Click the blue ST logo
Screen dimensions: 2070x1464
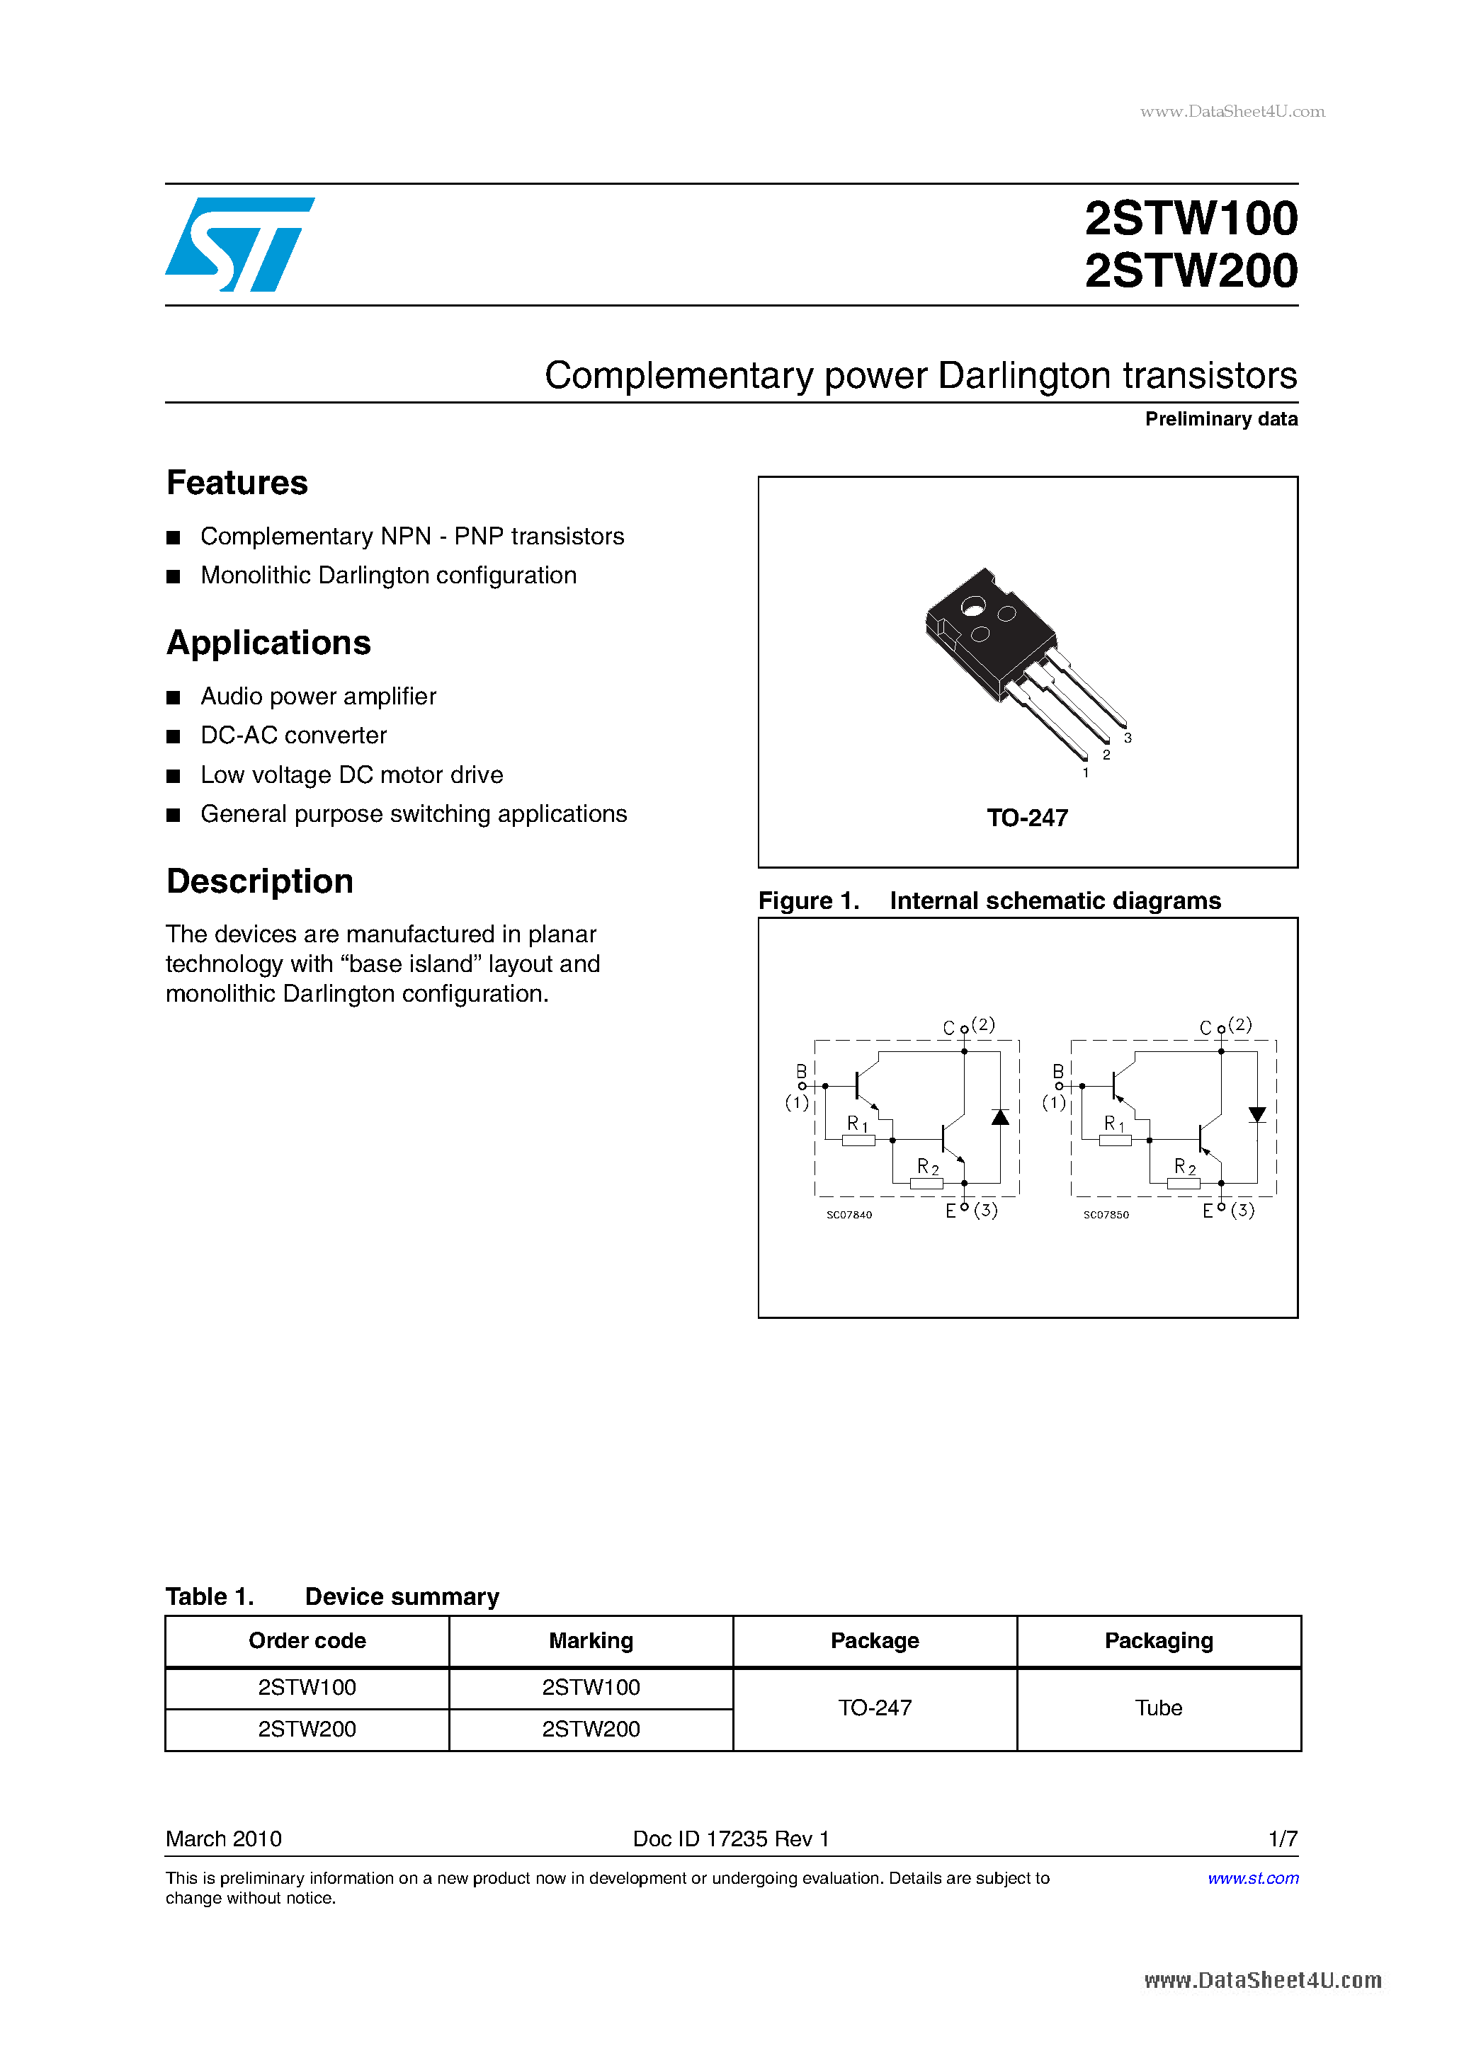(239, 244)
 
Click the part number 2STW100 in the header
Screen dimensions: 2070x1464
(1190, 219)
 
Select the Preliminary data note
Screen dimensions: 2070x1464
(1220, 419)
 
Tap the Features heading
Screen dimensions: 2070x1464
(237, 484)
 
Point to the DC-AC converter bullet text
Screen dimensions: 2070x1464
(293, 736)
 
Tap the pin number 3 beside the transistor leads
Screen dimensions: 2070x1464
(1128, 738)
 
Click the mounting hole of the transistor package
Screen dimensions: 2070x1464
(972, 607)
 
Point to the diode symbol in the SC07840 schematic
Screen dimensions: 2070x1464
(999, 1117)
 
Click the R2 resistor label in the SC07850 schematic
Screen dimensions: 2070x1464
(1184, 1167)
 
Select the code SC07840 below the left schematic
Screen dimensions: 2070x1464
(849, 1214)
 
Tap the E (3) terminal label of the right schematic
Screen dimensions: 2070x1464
(1229, 1211)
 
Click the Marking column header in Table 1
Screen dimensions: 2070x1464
(591, 1640)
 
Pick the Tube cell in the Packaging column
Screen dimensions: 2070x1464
(1158, 1708)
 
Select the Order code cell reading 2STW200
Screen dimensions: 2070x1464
(307, 1729)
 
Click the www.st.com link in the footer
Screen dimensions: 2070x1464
(1252, 1878)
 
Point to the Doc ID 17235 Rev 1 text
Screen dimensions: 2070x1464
(731, 1839)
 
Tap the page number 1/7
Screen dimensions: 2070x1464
(1282, 1839)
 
